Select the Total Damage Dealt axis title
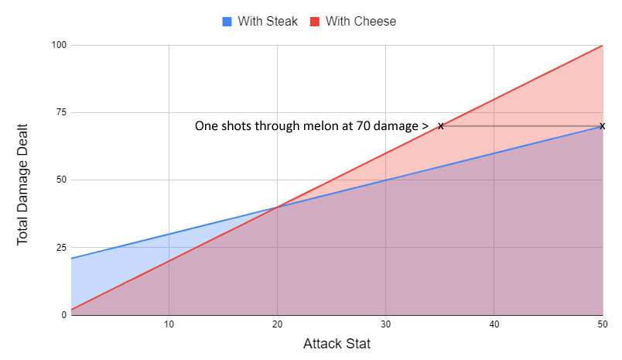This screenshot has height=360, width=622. click(24, 180)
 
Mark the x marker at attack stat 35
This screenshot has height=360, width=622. click(440, 126)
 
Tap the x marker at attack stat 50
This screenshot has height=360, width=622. click(602, 126)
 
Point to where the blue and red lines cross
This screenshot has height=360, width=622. click(277, 207)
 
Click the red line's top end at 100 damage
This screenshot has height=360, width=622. click(602, 46)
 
